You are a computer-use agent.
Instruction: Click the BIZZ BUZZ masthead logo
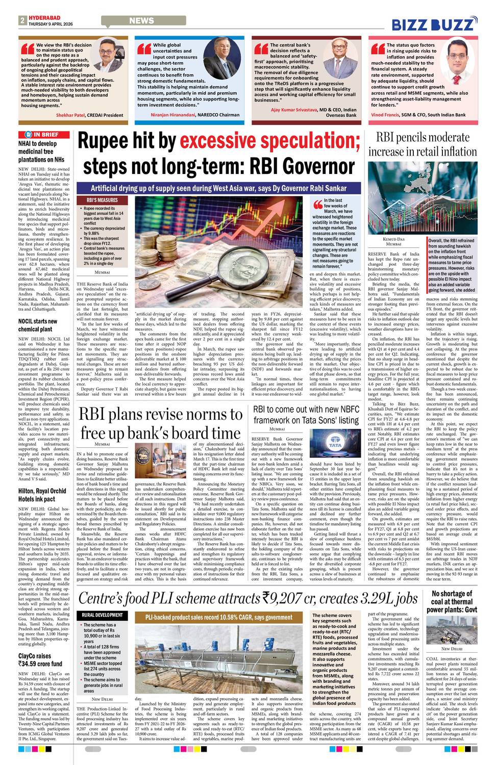(434, 24)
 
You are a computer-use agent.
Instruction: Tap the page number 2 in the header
(22, 20)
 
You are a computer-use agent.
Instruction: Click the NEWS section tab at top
(141, 20)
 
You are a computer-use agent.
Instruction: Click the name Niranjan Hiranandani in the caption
(173, 115)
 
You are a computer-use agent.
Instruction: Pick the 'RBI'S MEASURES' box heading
(102, 200)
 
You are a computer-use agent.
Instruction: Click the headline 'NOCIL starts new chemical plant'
(38, 325)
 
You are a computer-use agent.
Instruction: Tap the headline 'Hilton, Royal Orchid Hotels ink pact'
(42, 495)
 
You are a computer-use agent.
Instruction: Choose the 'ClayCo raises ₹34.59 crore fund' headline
(40, 660)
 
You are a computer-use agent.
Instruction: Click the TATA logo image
(335, 446)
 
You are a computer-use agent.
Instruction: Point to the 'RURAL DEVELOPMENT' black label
(103, 615)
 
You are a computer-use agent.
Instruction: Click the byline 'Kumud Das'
(393, 239)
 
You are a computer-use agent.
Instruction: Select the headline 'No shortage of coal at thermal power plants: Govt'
(452, 601)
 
